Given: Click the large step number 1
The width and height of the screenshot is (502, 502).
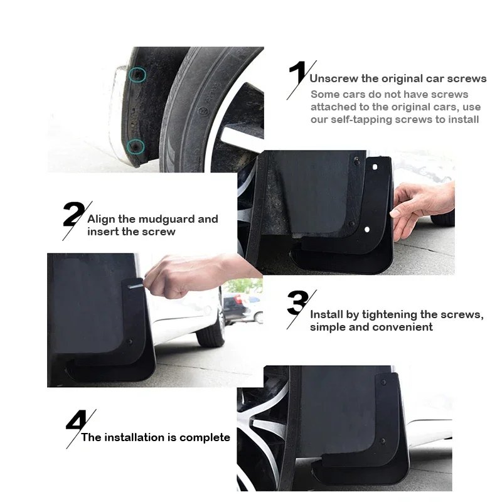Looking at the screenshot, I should [297, 75].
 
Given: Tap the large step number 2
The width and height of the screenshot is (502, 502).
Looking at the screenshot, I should [73, 215].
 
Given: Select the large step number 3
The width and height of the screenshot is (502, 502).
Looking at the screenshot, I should [297, 304].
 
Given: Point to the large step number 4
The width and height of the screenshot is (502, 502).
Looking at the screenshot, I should [76, 421].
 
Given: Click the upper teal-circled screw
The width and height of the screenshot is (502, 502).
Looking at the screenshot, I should [137, 76].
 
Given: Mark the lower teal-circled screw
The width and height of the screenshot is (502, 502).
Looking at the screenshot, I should [135, 147].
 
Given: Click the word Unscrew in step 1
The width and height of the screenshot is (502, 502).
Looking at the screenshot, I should [334, 79].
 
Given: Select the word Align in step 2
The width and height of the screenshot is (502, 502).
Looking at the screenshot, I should [101, 219].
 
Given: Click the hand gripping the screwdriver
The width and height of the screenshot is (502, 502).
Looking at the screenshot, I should [182, 276].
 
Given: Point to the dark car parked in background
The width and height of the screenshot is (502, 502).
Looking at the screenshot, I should [242, 307].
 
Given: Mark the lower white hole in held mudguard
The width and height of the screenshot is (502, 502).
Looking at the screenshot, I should [366, 230].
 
